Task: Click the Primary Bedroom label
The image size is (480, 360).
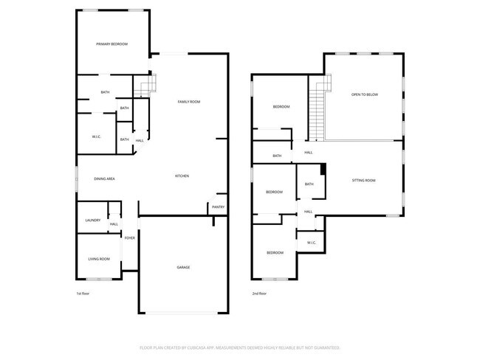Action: (112, 44)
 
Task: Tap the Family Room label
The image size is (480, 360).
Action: (189, 102)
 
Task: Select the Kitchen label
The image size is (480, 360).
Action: (182, 176)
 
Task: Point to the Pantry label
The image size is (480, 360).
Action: (218, 207)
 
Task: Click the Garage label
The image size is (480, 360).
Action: (183, 267)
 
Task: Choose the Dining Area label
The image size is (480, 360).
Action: (104, 179)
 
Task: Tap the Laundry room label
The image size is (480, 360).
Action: (92, 220)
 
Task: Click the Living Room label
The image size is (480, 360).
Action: (99, 259)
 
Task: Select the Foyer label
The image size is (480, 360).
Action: (129, 238)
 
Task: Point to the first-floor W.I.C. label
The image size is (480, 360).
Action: (97, 136)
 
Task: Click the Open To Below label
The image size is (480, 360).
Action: (364, 95)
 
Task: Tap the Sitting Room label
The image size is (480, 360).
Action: (363, 181)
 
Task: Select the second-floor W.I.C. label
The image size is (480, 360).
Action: (311, 242)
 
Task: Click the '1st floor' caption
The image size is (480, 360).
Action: (83, 294)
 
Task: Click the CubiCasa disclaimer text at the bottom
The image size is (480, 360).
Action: (239, 346)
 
